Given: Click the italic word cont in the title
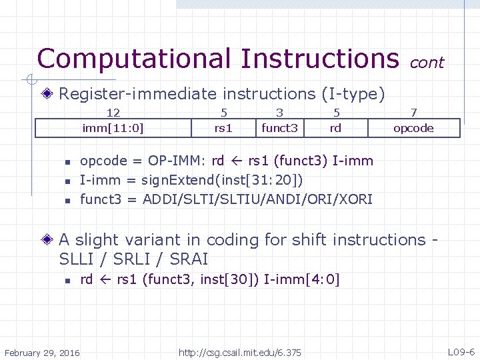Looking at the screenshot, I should tap(427, 63).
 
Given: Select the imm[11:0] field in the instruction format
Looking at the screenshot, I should tap(113, 128).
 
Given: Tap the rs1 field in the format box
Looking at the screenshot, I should tap(223, 128).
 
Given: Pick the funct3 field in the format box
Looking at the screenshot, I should tap(279, 128).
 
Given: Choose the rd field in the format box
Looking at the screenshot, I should tap(336, 128).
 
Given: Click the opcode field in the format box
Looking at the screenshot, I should tap(413, 128).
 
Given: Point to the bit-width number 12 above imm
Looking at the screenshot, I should tap(113, 113).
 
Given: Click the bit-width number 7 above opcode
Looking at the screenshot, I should tap(413, 113).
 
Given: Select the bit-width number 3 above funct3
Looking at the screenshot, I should tap(279, 113).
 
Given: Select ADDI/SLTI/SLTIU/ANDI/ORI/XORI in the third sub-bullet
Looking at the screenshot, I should tap(257, 199).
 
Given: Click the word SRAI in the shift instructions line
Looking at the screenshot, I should tap(189, 259).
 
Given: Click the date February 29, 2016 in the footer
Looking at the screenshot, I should tap(42, 352).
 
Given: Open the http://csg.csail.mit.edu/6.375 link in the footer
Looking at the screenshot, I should tap(239, 352).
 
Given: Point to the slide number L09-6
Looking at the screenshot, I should tap(461, 352).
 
